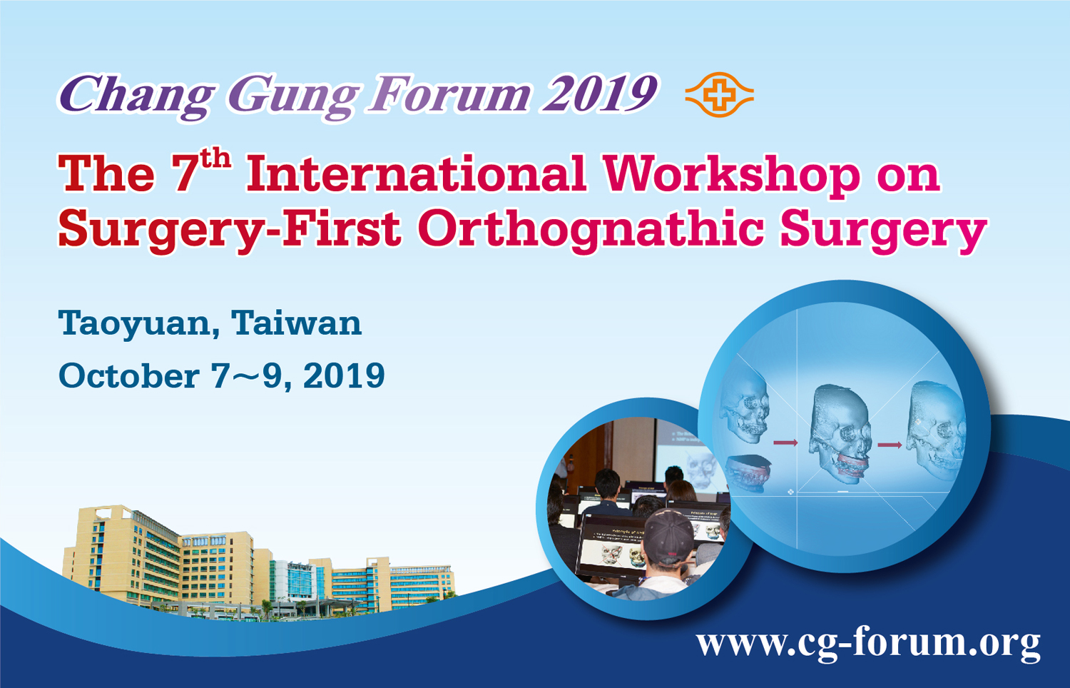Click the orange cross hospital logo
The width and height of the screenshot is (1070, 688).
pos(719,95)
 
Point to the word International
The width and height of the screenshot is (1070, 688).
pos(416,173)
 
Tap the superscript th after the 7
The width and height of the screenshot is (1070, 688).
pos(215,158)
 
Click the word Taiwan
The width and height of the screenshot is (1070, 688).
pos(296,323)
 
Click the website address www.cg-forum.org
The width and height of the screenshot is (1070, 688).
pos(868,643)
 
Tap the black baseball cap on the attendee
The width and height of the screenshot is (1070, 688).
pos(669,536)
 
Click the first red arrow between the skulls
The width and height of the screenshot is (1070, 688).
pos(785,443)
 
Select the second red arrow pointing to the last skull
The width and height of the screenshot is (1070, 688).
pos(890,445)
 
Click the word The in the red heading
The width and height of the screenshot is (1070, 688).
pos(106,173)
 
